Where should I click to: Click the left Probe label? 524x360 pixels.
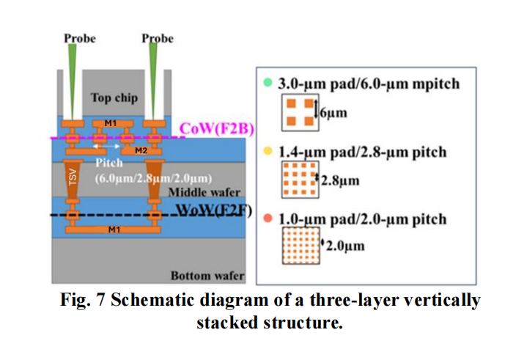tap(79, 37)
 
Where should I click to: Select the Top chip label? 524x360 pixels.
tap(114, 98)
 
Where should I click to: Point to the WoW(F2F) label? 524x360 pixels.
tap(217, 212)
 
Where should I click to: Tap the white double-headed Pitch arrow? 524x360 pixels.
tap(109, 155)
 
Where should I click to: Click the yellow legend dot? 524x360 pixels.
tap(269, 151)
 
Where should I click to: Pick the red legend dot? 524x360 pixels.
tap(269, 218)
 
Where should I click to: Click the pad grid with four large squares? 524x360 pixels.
tap(300, 111)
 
